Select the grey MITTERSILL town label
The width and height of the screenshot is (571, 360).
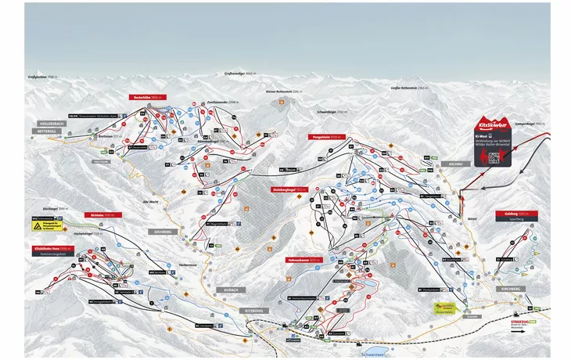48,131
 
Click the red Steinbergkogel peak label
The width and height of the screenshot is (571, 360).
289,189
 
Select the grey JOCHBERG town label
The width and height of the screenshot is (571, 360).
159,232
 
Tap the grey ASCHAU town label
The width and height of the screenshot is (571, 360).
456,164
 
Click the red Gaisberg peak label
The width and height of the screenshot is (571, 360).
508,213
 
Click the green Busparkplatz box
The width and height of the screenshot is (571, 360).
444,307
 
